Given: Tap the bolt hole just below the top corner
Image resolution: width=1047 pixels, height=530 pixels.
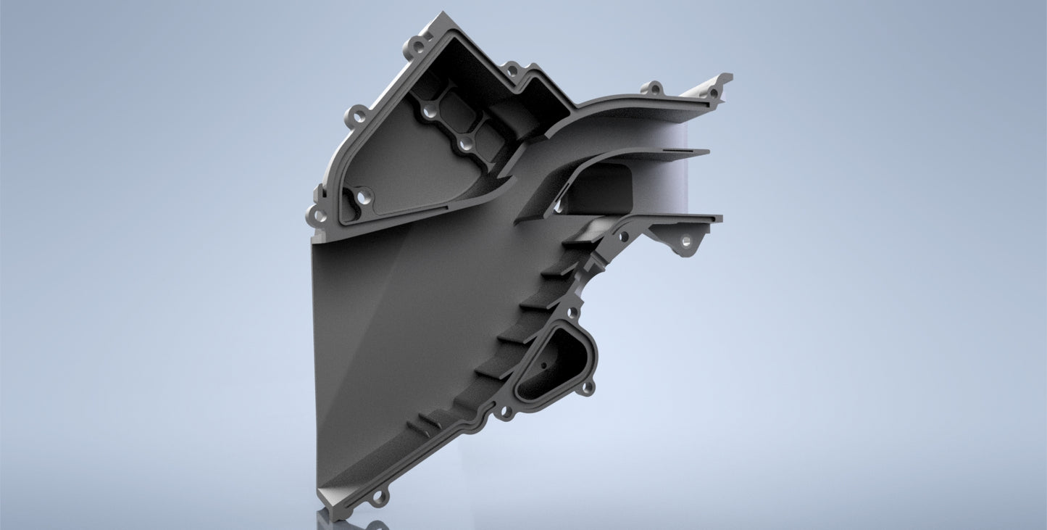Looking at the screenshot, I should (418, 49).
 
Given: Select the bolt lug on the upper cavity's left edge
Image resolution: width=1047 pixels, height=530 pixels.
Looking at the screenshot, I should (357, 115).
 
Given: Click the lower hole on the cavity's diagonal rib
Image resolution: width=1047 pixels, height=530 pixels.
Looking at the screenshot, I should (463, 146).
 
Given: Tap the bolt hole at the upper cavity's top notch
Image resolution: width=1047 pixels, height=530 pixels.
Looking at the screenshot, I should (512, 70).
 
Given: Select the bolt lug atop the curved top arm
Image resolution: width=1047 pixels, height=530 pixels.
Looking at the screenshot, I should (652, 88).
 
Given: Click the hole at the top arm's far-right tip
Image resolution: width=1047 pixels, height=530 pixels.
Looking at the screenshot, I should (714, 92).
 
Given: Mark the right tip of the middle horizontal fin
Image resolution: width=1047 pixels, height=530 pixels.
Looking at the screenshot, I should (707, 152).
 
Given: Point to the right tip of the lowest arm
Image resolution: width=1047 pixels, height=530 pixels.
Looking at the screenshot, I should (720, 217).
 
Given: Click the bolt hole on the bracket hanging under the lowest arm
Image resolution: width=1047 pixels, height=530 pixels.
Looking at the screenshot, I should (685, 241).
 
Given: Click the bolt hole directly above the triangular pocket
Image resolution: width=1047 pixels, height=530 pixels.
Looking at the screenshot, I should (572, 312).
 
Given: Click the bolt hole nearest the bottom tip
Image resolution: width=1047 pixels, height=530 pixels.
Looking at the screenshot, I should (377, 499).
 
